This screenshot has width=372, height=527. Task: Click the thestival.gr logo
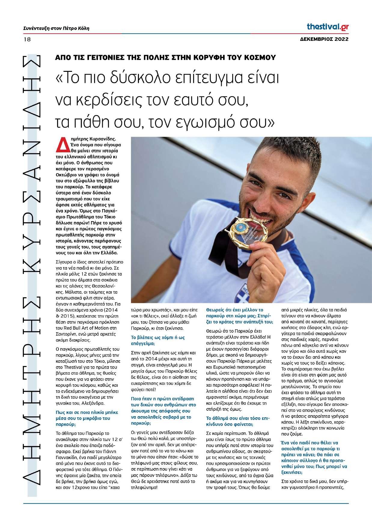[x=328, y=27]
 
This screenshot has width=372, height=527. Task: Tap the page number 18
[x=27, y=39]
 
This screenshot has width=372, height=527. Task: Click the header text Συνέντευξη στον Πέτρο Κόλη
[x=56, y=29]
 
